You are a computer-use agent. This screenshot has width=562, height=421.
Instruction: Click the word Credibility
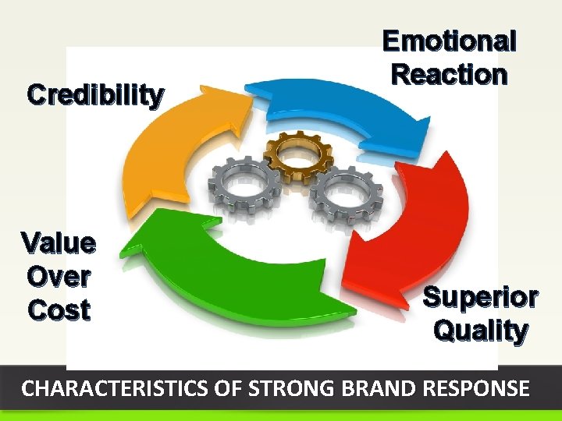click(96, 95)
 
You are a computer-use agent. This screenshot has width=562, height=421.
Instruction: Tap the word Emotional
click(449, 41)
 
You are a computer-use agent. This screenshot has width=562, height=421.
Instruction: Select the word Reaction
click(449, 75)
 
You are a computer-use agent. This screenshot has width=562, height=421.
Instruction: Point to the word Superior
click(480, 297)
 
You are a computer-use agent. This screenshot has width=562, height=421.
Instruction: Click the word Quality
click(480, 331)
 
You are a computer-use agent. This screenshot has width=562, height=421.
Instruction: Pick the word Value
click(59, 243)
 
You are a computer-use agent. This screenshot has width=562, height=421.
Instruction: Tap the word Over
click(59, 276)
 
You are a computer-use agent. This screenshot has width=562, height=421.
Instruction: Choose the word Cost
click(59, 310)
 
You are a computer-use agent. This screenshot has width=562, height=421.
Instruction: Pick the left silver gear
click(244, 186)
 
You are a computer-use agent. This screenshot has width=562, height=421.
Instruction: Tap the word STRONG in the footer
click(265, 388)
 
